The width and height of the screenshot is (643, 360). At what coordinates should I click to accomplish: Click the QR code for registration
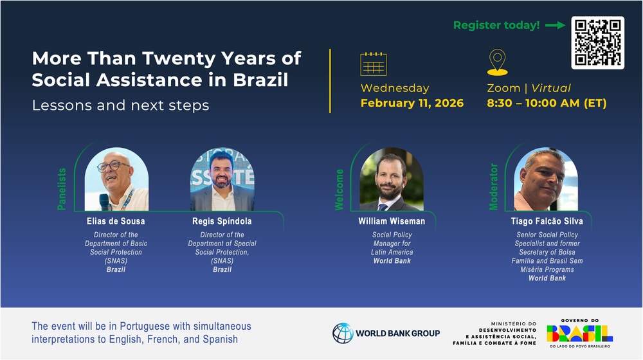point(597,42)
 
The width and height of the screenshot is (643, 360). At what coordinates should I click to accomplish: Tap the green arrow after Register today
point(556,26)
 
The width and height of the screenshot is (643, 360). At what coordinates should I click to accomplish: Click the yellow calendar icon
point(373,64)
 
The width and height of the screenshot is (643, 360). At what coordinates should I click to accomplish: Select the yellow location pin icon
point(498,62)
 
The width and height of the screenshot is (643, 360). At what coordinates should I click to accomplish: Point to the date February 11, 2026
point(412,103)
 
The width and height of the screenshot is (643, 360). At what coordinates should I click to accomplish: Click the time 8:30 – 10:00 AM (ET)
point(547,103)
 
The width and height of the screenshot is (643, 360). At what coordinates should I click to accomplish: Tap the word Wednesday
point(395,88)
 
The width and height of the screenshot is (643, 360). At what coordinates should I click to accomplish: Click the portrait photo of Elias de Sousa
point(116,179)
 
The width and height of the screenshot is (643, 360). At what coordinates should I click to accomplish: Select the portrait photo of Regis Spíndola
point(222,179)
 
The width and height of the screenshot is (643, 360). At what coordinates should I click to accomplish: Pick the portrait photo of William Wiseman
point(392,179)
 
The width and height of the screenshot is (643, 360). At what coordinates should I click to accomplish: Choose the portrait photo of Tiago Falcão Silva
point(546,179)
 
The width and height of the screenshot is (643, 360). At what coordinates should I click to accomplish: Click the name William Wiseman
point(392,221)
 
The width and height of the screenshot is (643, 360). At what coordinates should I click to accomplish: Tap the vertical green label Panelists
point(62,189)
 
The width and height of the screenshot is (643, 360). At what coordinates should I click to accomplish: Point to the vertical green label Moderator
point(493,187)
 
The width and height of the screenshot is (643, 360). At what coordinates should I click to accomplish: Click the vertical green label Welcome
point(339,190)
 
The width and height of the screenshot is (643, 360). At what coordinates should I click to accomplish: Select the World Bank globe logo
point(343,333)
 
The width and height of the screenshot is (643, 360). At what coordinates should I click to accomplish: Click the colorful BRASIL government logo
point(580,333)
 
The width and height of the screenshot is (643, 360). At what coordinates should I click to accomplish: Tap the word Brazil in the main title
point(260,80)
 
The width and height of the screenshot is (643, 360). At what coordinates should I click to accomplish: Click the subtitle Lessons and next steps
point(121,105)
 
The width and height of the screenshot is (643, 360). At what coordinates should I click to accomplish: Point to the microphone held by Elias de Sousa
point(104,202)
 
